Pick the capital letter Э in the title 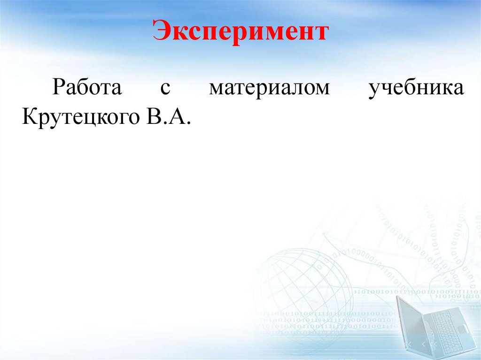point(161,32)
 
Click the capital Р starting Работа point(58,89)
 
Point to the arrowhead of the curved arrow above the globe point(324,233)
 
